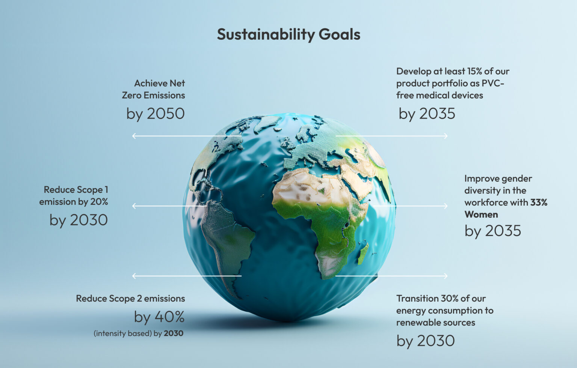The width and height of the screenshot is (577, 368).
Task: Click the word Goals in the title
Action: (340, 35)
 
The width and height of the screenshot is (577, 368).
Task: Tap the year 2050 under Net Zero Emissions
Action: (166, 114)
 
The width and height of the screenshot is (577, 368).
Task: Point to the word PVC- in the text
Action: (493, 83)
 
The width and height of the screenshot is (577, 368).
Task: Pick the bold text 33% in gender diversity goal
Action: (539, 203)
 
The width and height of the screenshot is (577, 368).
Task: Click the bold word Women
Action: (481, 215)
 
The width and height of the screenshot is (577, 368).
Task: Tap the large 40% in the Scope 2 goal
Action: (169, 317)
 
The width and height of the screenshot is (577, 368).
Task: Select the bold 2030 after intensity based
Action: (174, 333)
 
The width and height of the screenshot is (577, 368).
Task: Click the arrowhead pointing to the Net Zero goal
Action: (134, 136)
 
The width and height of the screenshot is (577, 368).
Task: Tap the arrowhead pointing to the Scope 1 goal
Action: (134, 206)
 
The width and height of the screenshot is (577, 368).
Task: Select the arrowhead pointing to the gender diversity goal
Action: (446, 206)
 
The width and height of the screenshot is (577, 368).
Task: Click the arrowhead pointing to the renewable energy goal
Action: (446, 276)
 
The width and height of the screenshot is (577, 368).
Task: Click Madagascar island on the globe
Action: (363, 254)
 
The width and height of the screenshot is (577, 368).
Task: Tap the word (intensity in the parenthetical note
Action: (110, 333)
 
